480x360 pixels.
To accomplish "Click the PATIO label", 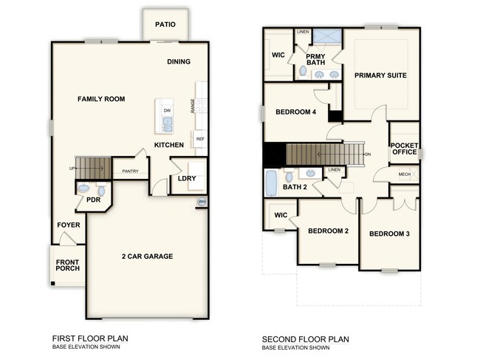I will [x=165, y=24].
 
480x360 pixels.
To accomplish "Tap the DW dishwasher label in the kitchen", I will [x=167, y=110].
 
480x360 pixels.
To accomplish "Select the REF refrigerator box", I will [x=200, y=139].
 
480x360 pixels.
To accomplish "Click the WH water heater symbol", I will [x=201, y=201].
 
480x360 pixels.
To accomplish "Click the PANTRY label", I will [x=131, y=171].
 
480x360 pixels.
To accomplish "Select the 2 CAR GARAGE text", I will [x=147, y=257].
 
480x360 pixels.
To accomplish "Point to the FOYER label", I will [x=68, y=225].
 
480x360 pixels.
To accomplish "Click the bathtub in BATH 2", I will [x=270, y=181].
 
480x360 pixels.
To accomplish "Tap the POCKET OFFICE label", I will [x=404, y=149].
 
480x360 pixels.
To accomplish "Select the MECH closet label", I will [x=404, y=174].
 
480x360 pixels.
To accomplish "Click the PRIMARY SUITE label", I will [x=380, y=75].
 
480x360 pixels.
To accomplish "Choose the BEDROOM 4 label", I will [x=295, y=112].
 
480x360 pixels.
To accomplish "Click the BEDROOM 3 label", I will [x=389, y=234].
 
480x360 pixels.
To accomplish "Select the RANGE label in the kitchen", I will [x=193, y=106].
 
